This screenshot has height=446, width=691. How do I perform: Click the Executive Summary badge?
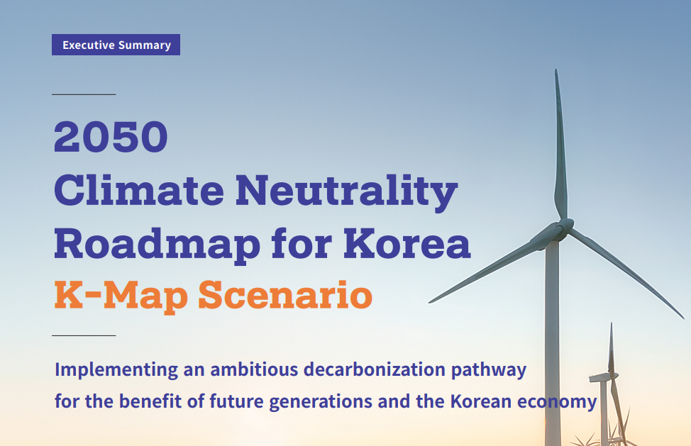point(116,45)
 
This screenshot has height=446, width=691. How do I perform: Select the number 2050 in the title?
point(111,138)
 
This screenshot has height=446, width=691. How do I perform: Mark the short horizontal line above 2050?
point(84,94)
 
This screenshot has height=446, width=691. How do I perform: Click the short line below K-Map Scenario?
point(84,335)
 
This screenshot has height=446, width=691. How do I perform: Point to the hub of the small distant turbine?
point(609,375)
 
